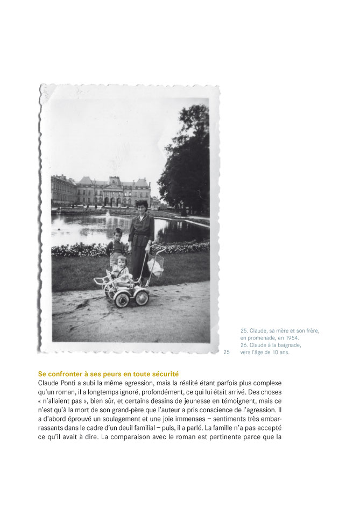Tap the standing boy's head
click(x=118, y=234)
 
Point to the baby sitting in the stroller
click(x=122, y=270)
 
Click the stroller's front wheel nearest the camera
click(x=122, y=299)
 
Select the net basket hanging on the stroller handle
click(x=156, y=265)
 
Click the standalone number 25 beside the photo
click(x=227, y=352)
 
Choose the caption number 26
click(x=244, y=345)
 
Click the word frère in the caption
click(x=313, y=331)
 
